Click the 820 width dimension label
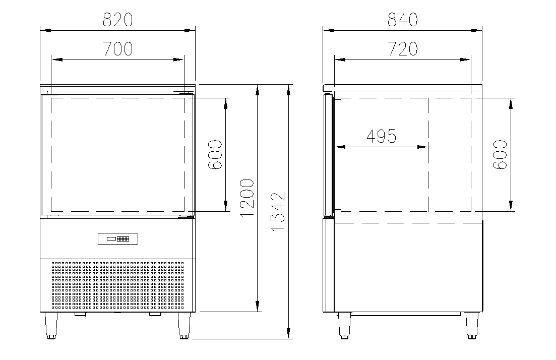(x=118, y=20)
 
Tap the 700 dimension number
(x=118, y=49)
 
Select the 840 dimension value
(x=402, y=20)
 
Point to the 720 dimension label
(x=402, y=49)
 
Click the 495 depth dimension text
(x=381, y=136)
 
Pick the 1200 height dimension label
(x=247, y=198)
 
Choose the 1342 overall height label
(x=278, y=212)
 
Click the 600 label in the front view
(x=215, y=155)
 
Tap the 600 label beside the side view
(x=501, y=155)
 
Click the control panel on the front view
(x=118, y=239)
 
